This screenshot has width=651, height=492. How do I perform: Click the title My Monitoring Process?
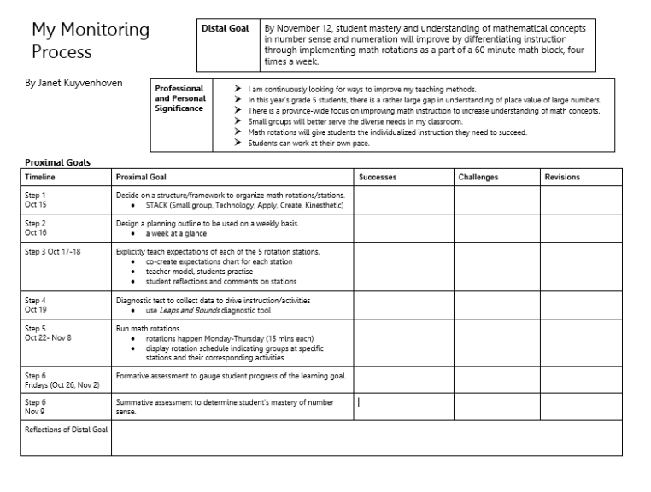coord(90,40)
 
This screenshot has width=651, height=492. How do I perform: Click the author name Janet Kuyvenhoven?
coord(73,83)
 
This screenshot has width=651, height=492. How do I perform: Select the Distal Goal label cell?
coord(225,28)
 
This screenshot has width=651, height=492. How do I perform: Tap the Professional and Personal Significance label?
coord(179,98)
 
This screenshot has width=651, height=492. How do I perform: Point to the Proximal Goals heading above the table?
coord(57,162)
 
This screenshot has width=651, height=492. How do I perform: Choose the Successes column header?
coord(378,177)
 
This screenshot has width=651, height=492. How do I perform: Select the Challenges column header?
coord(478,177)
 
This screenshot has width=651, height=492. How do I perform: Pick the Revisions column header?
coord(562,177)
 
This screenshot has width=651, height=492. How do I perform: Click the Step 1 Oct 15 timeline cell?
coord(36,200)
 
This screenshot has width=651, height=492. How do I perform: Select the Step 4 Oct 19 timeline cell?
coord(36,305)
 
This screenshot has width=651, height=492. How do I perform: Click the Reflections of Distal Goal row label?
coord(66,429)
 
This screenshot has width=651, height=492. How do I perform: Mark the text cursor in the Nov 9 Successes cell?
coord(359,402)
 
